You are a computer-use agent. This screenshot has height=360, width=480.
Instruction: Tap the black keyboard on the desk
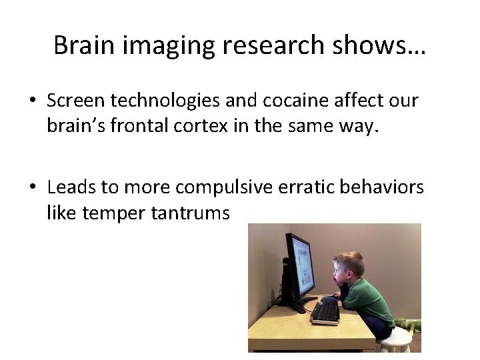tap(325, 311)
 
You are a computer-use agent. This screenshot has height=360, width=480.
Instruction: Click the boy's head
tap(349, 269)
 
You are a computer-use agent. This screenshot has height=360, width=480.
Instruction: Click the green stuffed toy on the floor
tap(408, 326)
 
